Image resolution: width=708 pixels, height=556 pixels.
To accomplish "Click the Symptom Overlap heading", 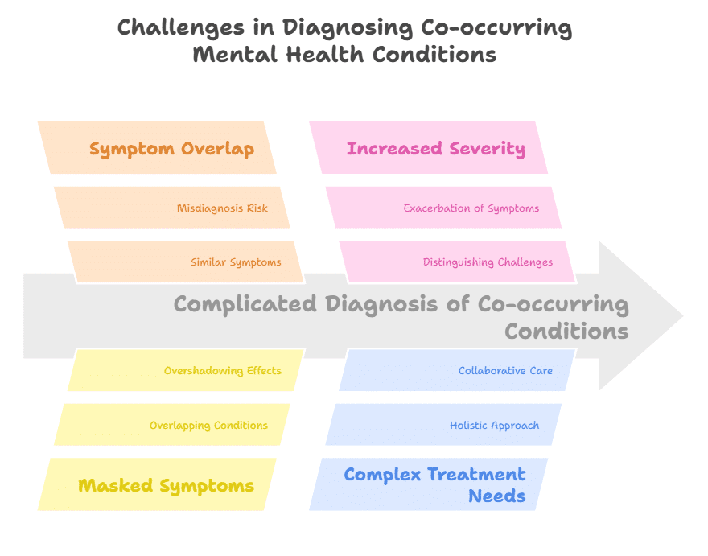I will pyautogui.click(x=171, y=149).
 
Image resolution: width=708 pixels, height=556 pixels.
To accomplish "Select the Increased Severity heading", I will pyautogui.click(x=435, y=149).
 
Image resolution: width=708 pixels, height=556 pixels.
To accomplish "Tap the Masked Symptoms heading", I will pyautogui.click(x=166, y=485).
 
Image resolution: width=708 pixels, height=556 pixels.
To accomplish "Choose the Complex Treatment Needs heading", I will pyautogui.click(x=434, y=484).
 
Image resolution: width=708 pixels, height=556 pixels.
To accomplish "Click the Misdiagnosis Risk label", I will pyautogui.click(x=222, y=208).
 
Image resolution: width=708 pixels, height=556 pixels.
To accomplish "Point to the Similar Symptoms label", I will pyautogui.click(x=236, y=262).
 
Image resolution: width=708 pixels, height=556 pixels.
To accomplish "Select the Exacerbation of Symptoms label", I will pyautogui.click(x=471, y=208).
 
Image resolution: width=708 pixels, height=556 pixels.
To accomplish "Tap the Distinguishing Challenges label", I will pyautogui.click(x=488, y=262).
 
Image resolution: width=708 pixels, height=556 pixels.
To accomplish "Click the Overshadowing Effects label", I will pyautogui.click(x=223, y=371).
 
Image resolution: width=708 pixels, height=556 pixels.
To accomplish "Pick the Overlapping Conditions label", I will pyautogui.click(x=208, y=426).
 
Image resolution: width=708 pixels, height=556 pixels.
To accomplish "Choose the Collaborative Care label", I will pyautogui.click(x=505, y=371).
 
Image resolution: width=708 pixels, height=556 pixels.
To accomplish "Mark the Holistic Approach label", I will pyautogui.click(x=494, y=426).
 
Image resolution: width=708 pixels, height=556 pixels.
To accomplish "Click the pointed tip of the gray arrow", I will pyautogui.click(x=681, y=315).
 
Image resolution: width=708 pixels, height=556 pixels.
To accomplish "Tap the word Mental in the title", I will pyautogui.click(x=228, y=55).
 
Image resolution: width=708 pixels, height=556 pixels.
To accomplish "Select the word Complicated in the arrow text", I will pyautogui.click(x=245, y=304).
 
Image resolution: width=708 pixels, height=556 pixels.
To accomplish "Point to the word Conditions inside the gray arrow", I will pyautogui.click(x=566, y=332).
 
